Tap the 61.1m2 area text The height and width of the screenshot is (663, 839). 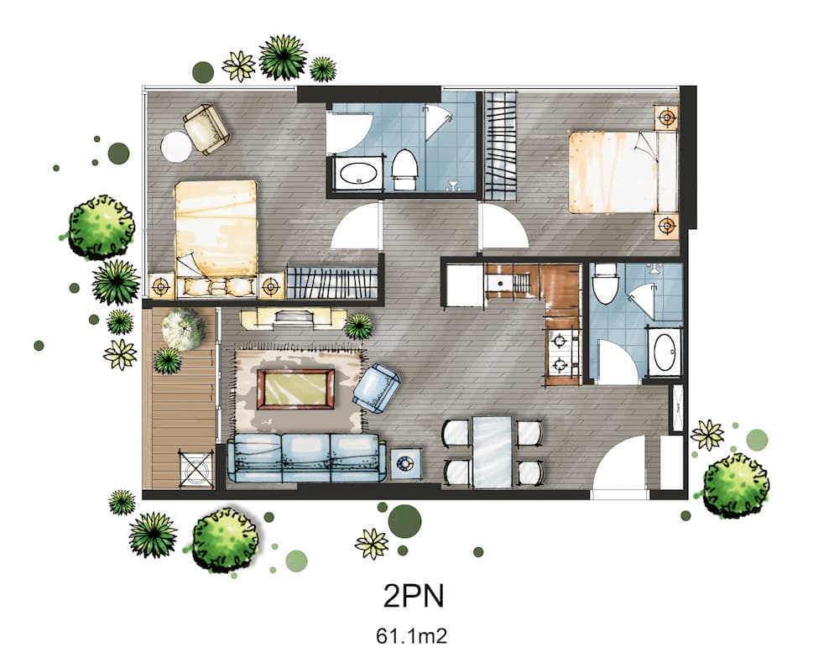click(411, 635)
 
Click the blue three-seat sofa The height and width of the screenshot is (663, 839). click(306, 458)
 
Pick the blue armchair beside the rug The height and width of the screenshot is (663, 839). click(377, 389)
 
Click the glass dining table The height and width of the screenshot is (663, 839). click(492, 451)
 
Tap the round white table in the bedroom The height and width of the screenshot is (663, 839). click(177, 147)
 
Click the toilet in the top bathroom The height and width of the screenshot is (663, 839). click(404, 167)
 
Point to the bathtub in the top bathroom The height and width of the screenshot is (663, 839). click(359, 174)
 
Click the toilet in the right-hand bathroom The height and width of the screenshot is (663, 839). click(605, 284)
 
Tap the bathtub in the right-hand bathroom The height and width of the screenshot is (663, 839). click(664, 352)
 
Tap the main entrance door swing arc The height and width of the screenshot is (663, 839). click(619, 470)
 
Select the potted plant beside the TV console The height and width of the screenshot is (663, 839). click(359, 326)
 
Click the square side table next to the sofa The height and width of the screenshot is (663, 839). click(406, 462)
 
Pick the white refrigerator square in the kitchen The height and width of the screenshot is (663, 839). click(463, 286)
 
